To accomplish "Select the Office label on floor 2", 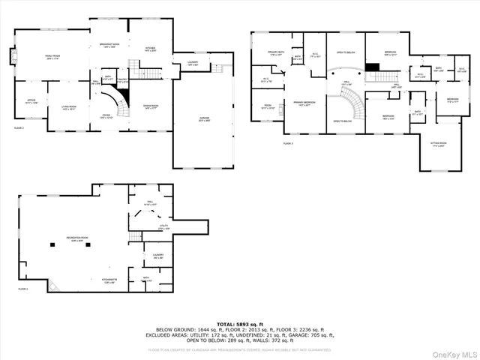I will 31,102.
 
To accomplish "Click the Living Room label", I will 69,108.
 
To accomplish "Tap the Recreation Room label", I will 78,241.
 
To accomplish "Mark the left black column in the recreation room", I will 53,244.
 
